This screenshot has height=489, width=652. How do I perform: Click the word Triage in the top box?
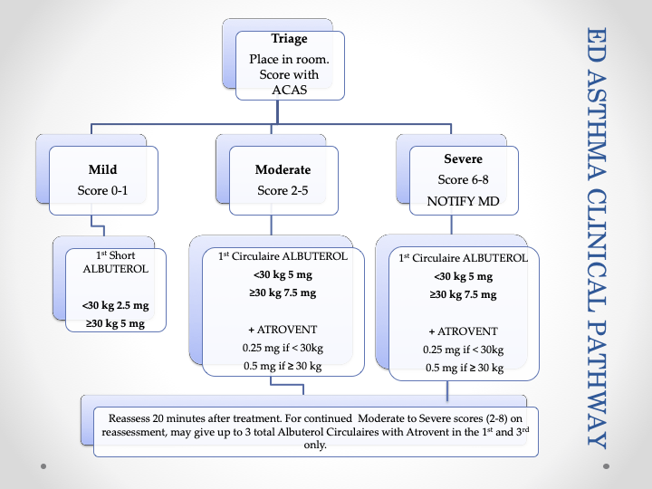point(290,40)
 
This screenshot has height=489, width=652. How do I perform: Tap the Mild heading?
point(103,169)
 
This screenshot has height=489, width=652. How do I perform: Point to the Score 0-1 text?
point(103,191)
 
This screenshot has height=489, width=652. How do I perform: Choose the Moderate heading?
point(283,169)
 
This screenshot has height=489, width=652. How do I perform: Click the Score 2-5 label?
point(283,191)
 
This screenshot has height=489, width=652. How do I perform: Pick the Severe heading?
point(464,158)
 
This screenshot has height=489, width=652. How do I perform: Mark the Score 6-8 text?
point(464,180)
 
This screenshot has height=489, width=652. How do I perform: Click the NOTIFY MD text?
point(464,202)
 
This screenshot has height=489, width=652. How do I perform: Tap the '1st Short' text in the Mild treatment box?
point(115,255)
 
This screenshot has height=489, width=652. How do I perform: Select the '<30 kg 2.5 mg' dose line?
point(115,306)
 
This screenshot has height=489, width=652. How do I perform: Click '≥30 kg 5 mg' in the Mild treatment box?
point(115,323)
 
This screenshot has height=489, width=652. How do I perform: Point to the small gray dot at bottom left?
point(43,466)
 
